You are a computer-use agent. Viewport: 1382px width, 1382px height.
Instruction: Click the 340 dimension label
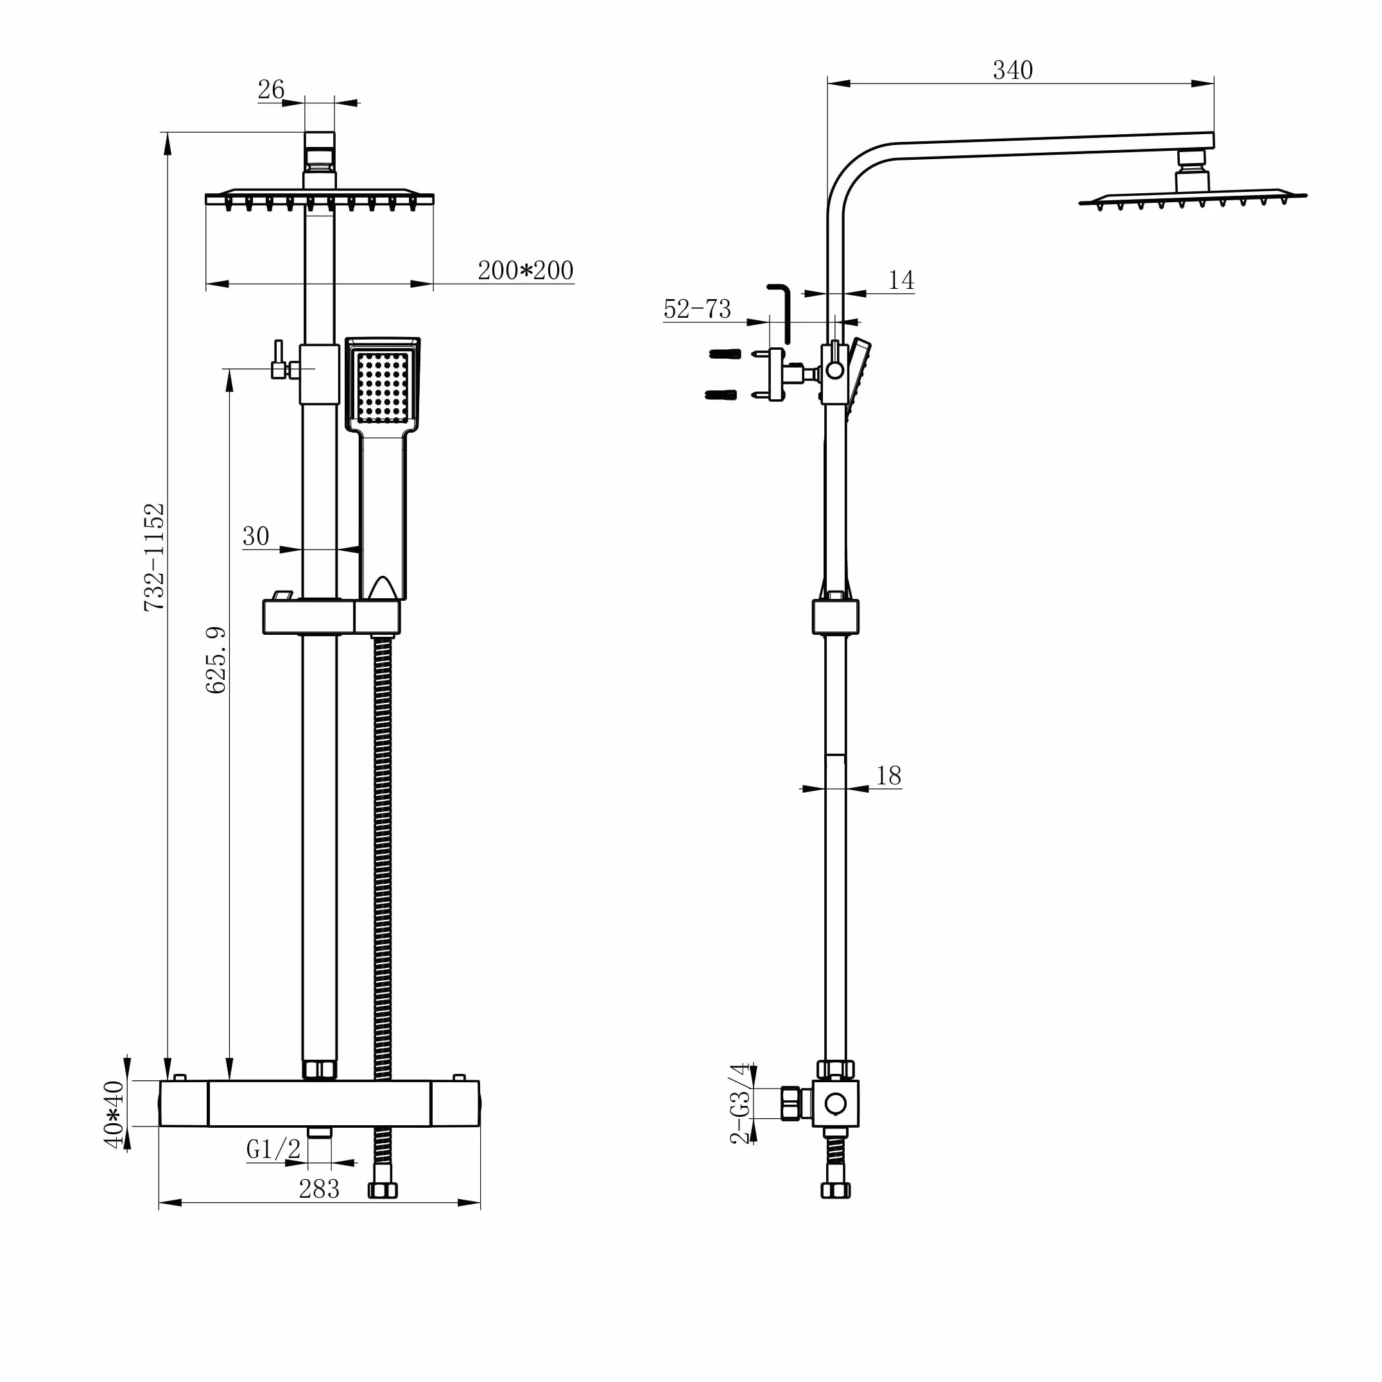coord(1012,70)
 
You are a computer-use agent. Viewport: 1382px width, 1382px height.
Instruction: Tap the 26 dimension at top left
coord(271,89)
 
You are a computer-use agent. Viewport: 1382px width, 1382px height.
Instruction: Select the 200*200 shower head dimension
coord(525,270)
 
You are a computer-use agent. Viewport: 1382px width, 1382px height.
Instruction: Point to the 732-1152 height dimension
coord(155,557)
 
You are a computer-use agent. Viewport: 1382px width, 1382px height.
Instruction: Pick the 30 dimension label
coord(256,536)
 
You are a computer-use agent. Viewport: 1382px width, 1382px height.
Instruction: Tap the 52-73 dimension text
coord(698,309)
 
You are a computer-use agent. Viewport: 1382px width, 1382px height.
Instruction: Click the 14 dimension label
coord(901,280)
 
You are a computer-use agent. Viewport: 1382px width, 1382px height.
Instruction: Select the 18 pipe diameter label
coord(888,775)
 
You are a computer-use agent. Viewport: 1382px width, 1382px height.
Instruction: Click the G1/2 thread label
coord(273,1149)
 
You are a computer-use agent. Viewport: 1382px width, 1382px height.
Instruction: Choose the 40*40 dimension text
coord(114,1114)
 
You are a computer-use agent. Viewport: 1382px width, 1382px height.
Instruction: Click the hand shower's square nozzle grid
coord(383,387)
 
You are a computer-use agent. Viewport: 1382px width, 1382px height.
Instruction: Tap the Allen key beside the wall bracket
coord(781,313)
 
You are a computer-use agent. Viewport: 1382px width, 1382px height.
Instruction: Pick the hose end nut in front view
coord(383,1190)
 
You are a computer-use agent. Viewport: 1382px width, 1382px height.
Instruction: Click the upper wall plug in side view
coord(724,354)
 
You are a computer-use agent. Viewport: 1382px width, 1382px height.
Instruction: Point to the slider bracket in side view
coord(836,616)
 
